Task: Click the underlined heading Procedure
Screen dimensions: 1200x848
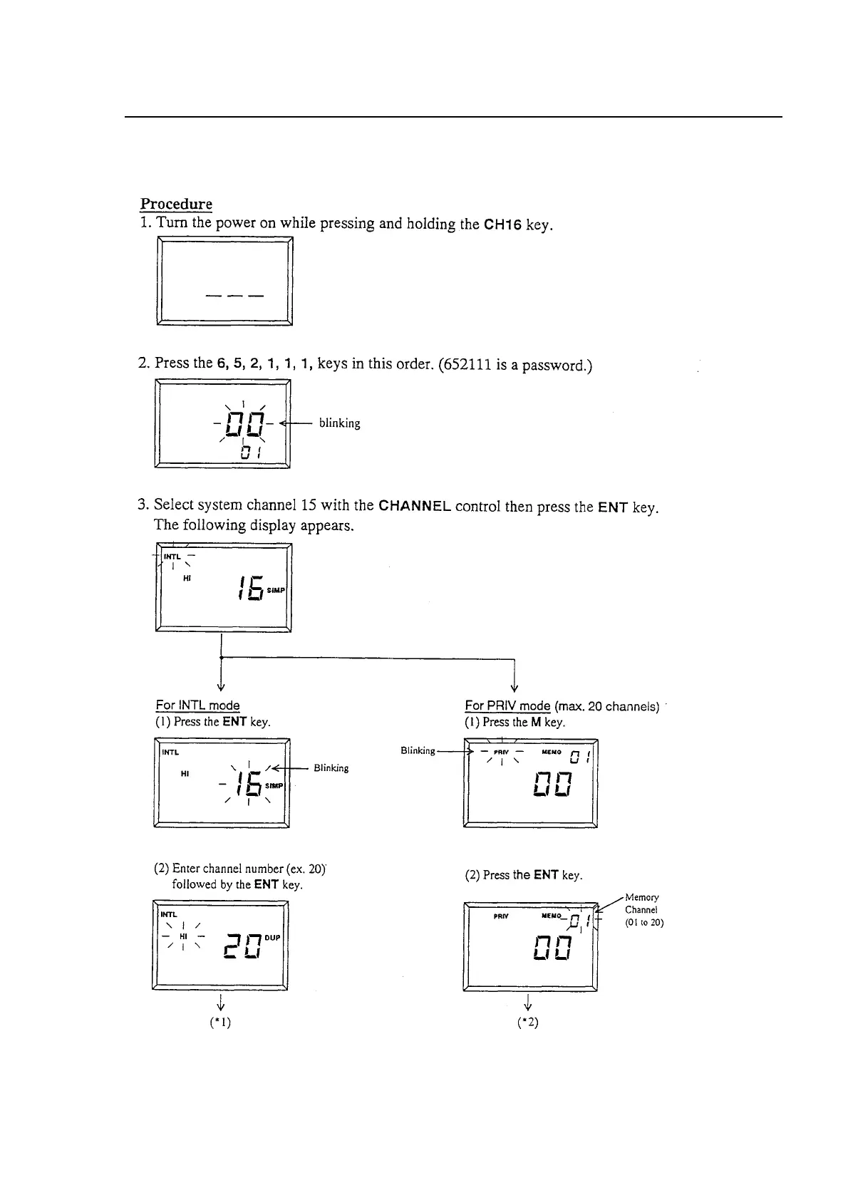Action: [x=176, y=205]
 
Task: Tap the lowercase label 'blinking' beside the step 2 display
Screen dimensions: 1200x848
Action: [x=339, y=423]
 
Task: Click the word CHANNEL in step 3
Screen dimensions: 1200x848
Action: [x=414, y=507]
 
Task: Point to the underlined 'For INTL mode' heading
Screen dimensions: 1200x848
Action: [x=197, y=706]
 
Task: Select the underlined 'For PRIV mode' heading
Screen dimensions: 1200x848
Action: [x=507, y=706]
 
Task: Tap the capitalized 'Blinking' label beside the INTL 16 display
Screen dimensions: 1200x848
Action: [x=331, y=768]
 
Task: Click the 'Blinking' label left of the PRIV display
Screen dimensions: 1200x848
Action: [x=418, y=751]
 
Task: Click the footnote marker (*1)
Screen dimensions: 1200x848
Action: [x=222, y=1022]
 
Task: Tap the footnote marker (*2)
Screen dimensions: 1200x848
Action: [x=528, y=1022]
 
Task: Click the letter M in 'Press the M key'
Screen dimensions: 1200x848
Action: [x=535, y=722]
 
